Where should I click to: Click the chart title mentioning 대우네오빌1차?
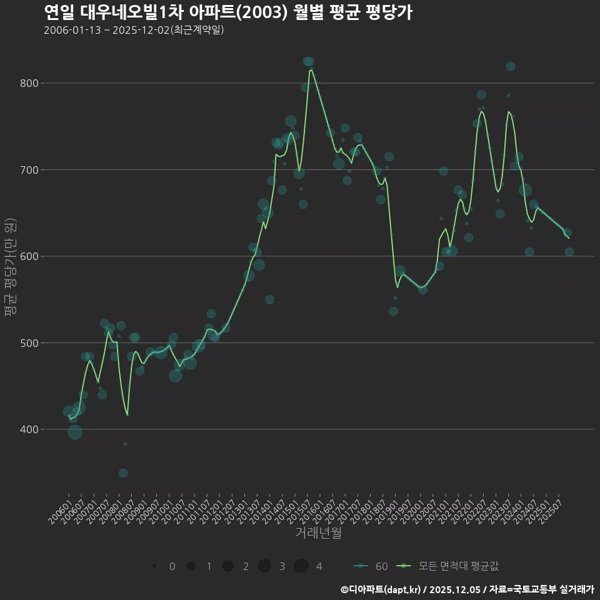(x=228, y=12)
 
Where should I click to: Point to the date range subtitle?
(x=134, y=31)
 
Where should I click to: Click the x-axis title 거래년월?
(x=318, y=533)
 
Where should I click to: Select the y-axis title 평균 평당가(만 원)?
(x=10, y=269)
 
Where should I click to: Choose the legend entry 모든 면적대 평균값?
(x=450, y=566)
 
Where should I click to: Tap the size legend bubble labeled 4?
(x=302, y=566)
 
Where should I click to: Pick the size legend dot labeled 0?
(x=154, y=566)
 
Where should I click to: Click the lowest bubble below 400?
(x=123, y=473)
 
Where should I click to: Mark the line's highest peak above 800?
(x=311, y=70)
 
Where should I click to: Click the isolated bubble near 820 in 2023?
(x=511, y=66)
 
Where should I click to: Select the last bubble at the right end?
(x=569, y=252)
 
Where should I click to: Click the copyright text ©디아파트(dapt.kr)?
(x=381, y=589)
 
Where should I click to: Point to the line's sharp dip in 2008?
(x=127, y=415)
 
